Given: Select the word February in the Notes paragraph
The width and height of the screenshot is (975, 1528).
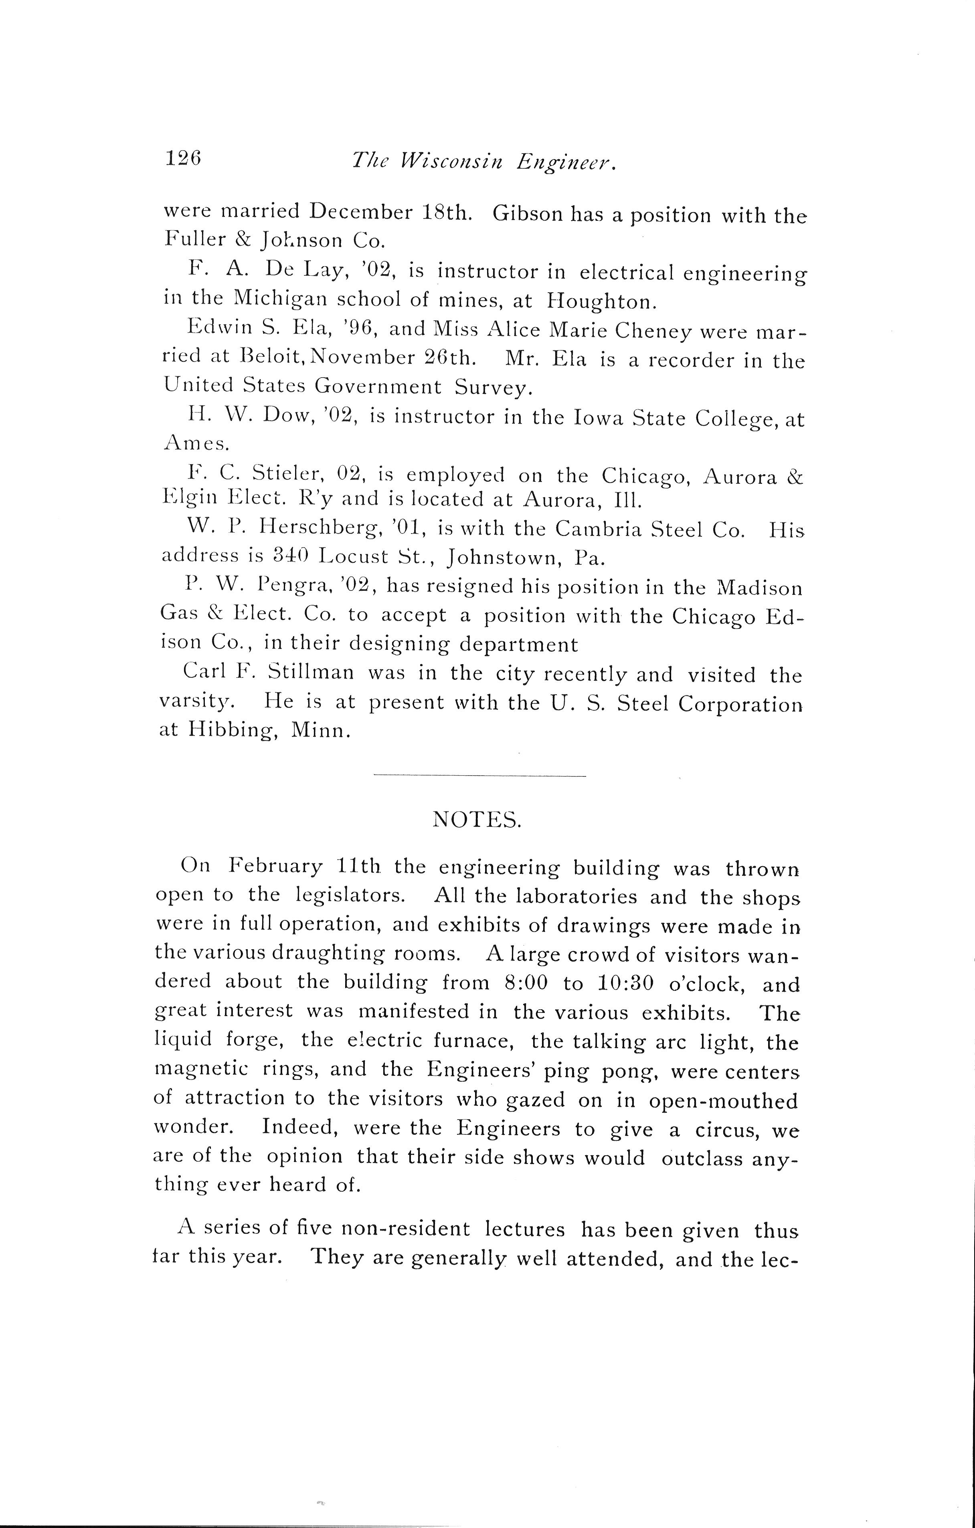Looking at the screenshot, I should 275,867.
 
